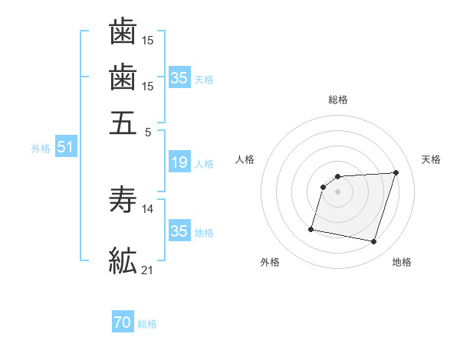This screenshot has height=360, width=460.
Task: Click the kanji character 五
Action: click(123, 123)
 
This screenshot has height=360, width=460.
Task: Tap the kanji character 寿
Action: click(123, 201)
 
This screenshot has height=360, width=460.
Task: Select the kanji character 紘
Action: click(123, 261)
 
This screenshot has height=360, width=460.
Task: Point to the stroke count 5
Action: click(149, 131)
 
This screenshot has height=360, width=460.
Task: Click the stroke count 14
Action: click(149, 208)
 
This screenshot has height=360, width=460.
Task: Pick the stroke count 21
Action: click(148, 270)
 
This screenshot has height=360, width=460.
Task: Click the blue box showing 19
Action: click(179, 162)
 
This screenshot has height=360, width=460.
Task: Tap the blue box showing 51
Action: click(65, 148)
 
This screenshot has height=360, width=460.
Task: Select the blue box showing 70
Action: click(123, 323)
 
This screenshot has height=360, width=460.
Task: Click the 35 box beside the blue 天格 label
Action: click(179, 78)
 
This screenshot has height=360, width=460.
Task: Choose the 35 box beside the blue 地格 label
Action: click(179, 231)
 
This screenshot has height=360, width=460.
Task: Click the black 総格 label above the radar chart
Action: click(338, 100)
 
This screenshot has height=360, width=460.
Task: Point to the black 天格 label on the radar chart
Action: click(431, 159)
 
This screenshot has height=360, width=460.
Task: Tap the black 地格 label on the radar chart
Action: click(402, 262)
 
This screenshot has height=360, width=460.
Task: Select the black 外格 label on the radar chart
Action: click(270, 262)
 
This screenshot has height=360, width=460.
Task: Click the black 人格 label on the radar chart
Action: click(245, 159)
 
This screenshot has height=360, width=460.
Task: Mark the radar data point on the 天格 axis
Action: click(396, 173)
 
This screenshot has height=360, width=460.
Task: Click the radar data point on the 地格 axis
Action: click(374, 242)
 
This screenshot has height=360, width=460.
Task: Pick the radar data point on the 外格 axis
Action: click(311, 228)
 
